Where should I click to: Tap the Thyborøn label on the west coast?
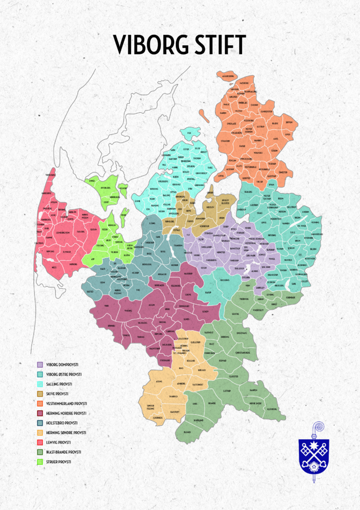[x=50, y=175]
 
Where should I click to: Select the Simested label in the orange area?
[x=283, y=172]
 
